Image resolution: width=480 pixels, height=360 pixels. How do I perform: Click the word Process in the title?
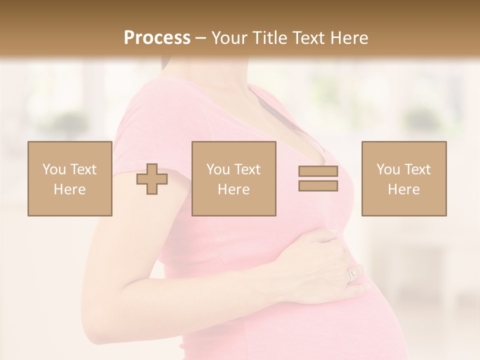157,38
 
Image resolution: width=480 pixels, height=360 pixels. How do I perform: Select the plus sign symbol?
152,178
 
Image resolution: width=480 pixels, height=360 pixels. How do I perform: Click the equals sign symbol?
318,178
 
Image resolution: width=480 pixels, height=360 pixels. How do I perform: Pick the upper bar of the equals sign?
318,171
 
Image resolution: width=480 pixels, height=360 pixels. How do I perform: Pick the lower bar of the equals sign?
318,185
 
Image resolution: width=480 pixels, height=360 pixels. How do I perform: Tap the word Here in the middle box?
233,189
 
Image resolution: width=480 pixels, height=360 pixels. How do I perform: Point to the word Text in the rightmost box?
418,169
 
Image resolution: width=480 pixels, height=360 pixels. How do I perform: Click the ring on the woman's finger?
352,274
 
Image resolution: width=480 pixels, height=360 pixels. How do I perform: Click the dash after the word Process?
200,38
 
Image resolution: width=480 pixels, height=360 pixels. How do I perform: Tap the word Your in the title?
228,38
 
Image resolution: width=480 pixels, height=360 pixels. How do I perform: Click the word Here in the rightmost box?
403,189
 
